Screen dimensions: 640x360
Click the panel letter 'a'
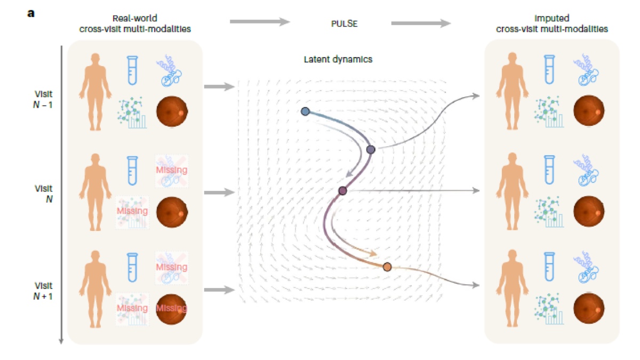[x=31, y=13]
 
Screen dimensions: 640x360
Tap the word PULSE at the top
[x=344, y=23]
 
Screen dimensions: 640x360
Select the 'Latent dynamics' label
[x=338, y=59]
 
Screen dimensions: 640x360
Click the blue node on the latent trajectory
[x=305, y=111]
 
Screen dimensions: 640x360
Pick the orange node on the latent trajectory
[x=387, y=267]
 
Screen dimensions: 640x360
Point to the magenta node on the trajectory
[x=342, y=190]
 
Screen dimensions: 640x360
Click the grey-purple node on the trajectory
[x=371, y=149]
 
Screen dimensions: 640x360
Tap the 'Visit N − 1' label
[x=43, y=99]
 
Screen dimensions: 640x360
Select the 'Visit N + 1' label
[x=43, y=291]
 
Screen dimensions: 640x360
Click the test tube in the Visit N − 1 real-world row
[x=132, y=70]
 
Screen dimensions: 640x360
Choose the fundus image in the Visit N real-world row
[x=172, y=212]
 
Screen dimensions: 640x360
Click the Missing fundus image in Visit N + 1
[x=172, y=309]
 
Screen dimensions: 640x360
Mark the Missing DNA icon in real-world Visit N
[x=171, y=171]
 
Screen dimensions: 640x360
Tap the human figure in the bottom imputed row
[x=513, y=288]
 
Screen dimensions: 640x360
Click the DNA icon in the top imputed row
[x=586, y=70]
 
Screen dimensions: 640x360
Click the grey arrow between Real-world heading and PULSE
[x=260, y=21]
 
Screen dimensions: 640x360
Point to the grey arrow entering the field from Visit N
[x=219, y=193]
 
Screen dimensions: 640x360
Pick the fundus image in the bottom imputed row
[x=589, y=308]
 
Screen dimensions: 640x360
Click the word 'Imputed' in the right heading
[x=551, y=18]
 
